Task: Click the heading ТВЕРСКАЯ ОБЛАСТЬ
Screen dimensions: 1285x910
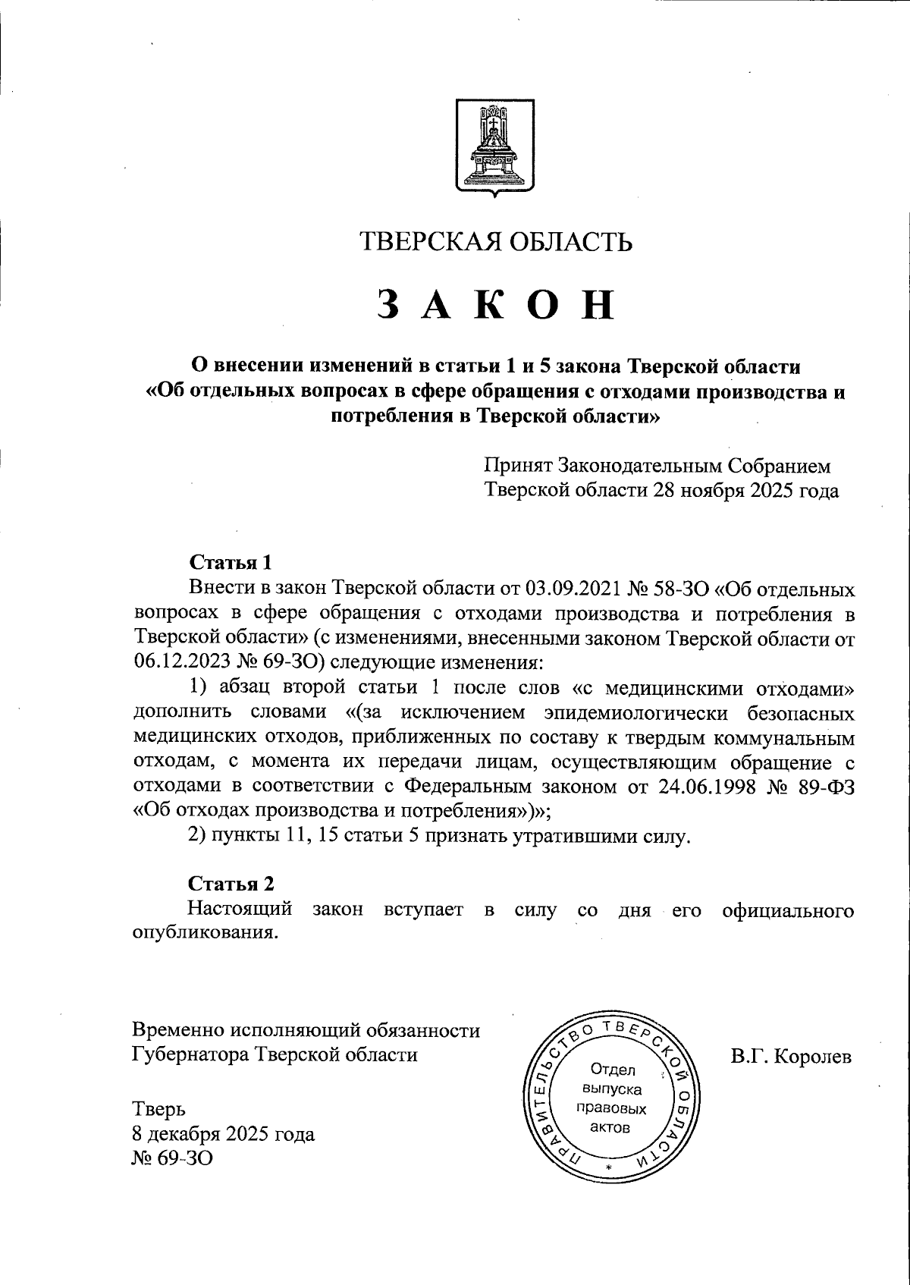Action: [x=496, y=241]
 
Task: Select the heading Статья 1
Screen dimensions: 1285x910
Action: [x=230, y=563]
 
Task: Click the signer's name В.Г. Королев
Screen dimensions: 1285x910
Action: [x=792, y=1057]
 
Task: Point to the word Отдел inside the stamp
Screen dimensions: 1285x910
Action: [x=612, y=1071]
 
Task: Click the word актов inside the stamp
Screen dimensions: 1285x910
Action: [x=611, y=1127]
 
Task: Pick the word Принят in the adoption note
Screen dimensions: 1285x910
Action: [x=519, y=466]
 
